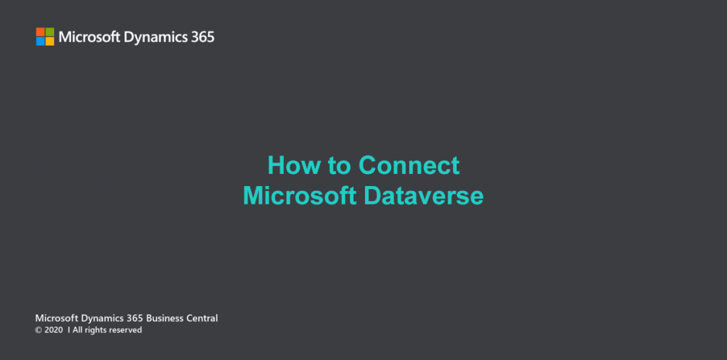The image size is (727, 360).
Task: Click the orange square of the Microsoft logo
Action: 40,32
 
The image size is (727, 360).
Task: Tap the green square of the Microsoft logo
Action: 50,32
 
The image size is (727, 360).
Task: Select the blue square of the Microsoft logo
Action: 40,41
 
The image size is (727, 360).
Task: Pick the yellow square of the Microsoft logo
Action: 50,41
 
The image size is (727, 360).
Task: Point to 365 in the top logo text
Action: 203,37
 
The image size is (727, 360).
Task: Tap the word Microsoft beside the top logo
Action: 89,37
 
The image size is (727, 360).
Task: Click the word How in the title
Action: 295,165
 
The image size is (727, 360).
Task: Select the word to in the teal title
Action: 339,166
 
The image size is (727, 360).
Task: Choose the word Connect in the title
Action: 408,165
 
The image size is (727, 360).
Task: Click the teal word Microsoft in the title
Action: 300,196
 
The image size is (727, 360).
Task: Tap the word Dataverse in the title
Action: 424,196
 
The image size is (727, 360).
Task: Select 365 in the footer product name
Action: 134,318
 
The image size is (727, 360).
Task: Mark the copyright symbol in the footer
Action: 38,330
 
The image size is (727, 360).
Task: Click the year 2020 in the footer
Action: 53,330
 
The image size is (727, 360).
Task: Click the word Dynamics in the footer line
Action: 102,319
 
